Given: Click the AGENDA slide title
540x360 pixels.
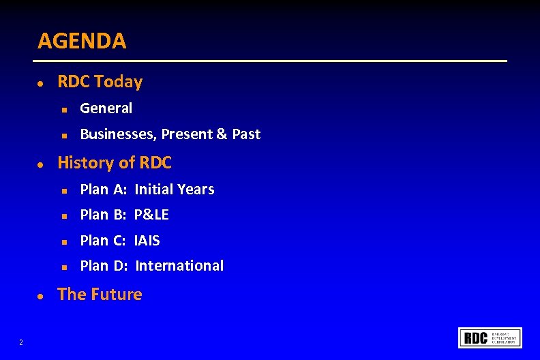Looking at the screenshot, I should coord(82,41).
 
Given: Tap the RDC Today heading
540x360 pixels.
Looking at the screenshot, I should coord(100,82).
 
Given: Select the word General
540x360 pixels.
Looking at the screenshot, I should coord(106,108).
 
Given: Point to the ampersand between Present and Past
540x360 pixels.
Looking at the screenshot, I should coord(222,134).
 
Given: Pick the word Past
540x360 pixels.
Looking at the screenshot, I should coord(246,134).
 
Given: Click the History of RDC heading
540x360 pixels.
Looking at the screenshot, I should coord(115,163).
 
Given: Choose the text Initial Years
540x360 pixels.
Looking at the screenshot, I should coord(175,190).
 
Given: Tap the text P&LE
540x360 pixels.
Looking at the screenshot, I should coord(151,215).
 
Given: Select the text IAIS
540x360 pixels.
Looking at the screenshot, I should coord(147,241).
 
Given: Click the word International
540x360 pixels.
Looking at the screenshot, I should coord(179,266).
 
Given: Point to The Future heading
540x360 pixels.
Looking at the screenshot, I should coord(100,295).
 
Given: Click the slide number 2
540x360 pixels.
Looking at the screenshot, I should coord(21,342).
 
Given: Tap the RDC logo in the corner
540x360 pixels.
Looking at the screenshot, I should coord(491,338).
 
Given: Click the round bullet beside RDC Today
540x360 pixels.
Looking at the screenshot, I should coord(41,83).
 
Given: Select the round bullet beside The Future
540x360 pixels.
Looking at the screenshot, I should coord(41,296).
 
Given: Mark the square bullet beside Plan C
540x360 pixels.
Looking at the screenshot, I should coord(62,241).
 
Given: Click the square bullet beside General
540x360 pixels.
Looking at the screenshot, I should coord(62,109).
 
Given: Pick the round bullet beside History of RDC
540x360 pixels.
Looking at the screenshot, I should coord(41,164).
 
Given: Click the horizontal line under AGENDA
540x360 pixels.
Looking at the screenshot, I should coord(273,61).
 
